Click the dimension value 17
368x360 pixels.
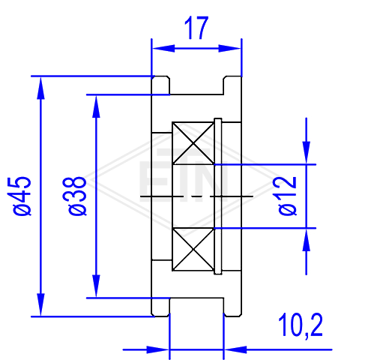click(196, 28)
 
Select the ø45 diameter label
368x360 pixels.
click(22, 196)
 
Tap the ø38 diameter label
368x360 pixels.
click(77, 196)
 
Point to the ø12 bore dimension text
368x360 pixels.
click(288, 196)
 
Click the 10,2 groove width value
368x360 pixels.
click(301, 325)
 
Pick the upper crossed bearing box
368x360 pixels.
click(193, 143)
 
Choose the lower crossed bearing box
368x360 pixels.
click(193, 250)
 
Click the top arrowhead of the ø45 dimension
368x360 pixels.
click(40, 88)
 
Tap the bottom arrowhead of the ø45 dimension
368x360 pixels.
click(40, 304)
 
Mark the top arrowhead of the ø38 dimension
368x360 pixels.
click(96, 106)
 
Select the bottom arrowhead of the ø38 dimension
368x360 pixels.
click(96, 286)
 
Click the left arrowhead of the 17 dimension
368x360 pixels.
click(163, 48)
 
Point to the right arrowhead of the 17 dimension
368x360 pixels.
click(229, 48)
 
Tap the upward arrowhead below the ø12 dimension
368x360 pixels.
click(307, 240)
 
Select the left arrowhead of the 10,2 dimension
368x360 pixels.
click(157, 349)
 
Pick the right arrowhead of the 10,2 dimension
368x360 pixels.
click(235, 349)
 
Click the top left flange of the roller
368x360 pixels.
click(160, 85)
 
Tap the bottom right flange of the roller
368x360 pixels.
click(232, 307)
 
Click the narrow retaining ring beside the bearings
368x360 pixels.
click(218, 196)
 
